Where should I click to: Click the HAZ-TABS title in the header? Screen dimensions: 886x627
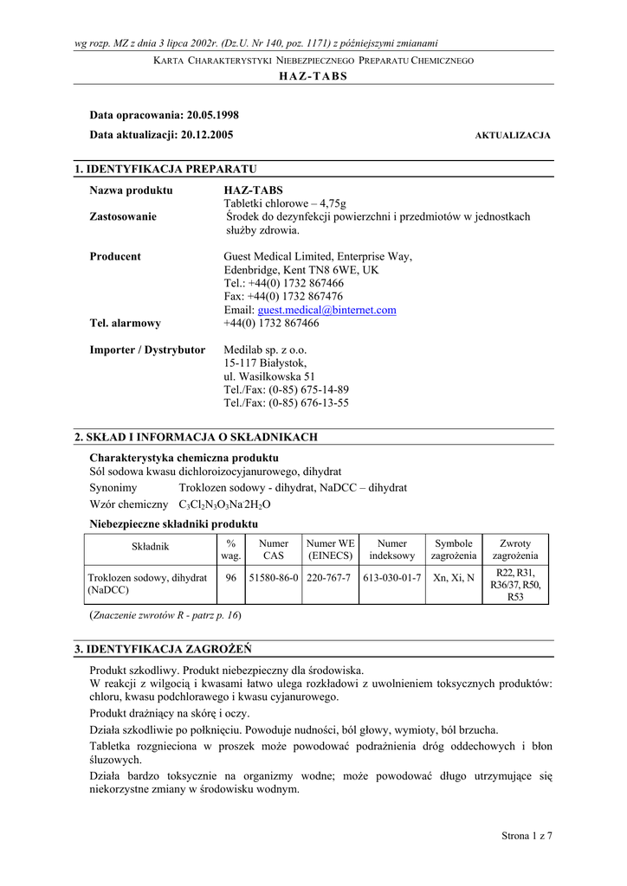[313, 76]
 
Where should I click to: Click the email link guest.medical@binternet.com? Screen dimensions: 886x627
[326, 310]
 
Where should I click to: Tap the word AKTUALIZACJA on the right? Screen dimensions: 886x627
[513, 136]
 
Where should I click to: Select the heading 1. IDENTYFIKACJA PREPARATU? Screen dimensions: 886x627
[165, 169]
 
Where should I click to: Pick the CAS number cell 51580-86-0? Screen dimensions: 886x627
[273, 577]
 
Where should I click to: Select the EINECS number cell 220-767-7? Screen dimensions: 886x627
[329, 577]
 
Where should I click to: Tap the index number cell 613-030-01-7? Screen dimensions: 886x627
[392, 577]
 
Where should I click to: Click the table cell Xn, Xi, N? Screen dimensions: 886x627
[453, 577]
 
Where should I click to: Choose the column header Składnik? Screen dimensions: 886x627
[150, 546]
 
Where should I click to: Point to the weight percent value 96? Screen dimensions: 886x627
[231, 577]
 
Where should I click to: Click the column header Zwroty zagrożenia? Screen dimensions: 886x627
[515, 549]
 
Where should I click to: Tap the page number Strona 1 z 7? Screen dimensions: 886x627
[527, 835]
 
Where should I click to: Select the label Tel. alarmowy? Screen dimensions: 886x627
[126, 324]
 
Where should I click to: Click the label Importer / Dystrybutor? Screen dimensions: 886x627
[148, 350]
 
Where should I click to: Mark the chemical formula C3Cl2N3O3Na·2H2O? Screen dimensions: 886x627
[225, 504]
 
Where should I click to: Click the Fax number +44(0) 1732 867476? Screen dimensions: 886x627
[283, 296]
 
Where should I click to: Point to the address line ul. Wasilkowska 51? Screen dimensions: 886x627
[269, 376]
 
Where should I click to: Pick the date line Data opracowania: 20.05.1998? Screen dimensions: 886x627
[165, 114]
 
